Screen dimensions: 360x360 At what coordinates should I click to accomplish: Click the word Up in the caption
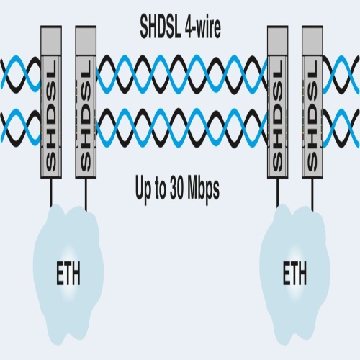coord(143,189)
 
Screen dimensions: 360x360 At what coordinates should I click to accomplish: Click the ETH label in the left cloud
coord(68,274)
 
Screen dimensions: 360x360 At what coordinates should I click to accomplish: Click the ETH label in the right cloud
coord(294,274)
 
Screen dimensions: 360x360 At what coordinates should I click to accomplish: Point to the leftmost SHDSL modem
coord(51,102)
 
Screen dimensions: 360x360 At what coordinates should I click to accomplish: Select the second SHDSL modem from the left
coord(86,102)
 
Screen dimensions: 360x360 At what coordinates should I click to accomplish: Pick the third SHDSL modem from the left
coord(278,102)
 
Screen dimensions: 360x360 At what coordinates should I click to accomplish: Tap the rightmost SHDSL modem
coord(312,102)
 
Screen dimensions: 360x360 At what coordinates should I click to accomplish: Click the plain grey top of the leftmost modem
coord(51,40)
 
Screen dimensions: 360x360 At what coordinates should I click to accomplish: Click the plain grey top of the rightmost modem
coord(312,40)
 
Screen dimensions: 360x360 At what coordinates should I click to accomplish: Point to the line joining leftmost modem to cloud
coord(51,192)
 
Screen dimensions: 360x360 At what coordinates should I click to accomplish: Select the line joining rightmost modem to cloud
coord(312,195)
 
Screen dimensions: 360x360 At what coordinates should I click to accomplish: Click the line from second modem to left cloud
coord(86,195)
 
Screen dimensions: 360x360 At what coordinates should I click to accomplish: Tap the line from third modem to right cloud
coord(277,192)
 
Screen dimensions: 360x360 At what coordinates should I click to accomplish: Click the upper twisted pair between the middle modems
coord(182,74)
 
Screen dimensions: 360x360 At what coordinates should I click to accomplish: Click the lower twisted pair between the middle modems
coord(182,128)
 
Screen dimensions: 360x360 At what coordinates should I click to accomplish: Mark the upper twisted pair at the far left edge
coord(21,74)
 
